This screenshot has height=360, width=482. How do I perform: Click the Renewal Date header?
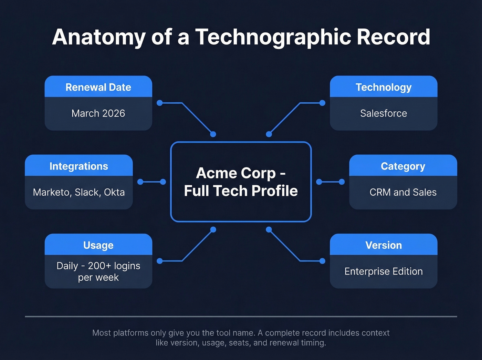pos(98,87)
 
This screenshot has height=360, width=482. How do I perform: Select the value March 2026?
pos(98,113)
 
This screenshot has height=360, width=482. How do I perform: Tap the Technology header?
pos(384,87)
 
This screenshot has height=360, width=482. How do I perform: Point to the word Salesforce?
pos(384,113)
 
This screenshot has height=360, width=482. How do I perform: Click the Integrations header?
pos(78,166)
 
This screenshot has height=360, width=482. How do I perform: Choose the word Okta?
pos(114,192)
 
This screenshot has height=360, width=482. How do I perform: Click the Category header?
pos(403,166)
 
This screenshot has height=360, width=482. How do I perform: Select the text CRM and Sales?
pos(403,192)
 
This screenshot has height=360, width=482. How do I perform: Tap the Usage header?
pos(98,245)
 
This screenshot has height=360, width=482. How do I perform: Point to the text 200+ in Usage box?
pos(99,266)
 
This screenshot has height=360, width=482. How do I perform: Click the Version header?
pos(384,245)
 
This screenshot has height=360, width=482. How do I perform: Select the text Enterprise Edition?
pos(384,271)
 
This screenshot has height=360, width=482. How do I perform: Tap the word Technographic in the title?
pos(274,37)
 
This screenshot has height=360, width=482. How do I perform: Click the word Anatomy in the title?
pos(99,37)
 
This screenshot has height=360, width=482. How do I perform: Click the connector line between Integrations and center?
pos(151,182)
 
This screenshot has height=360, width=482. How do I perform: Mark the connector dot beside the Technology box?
pos(322,103)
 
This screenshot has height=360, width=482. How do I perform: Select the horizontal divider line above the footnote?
pos(241,316)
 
